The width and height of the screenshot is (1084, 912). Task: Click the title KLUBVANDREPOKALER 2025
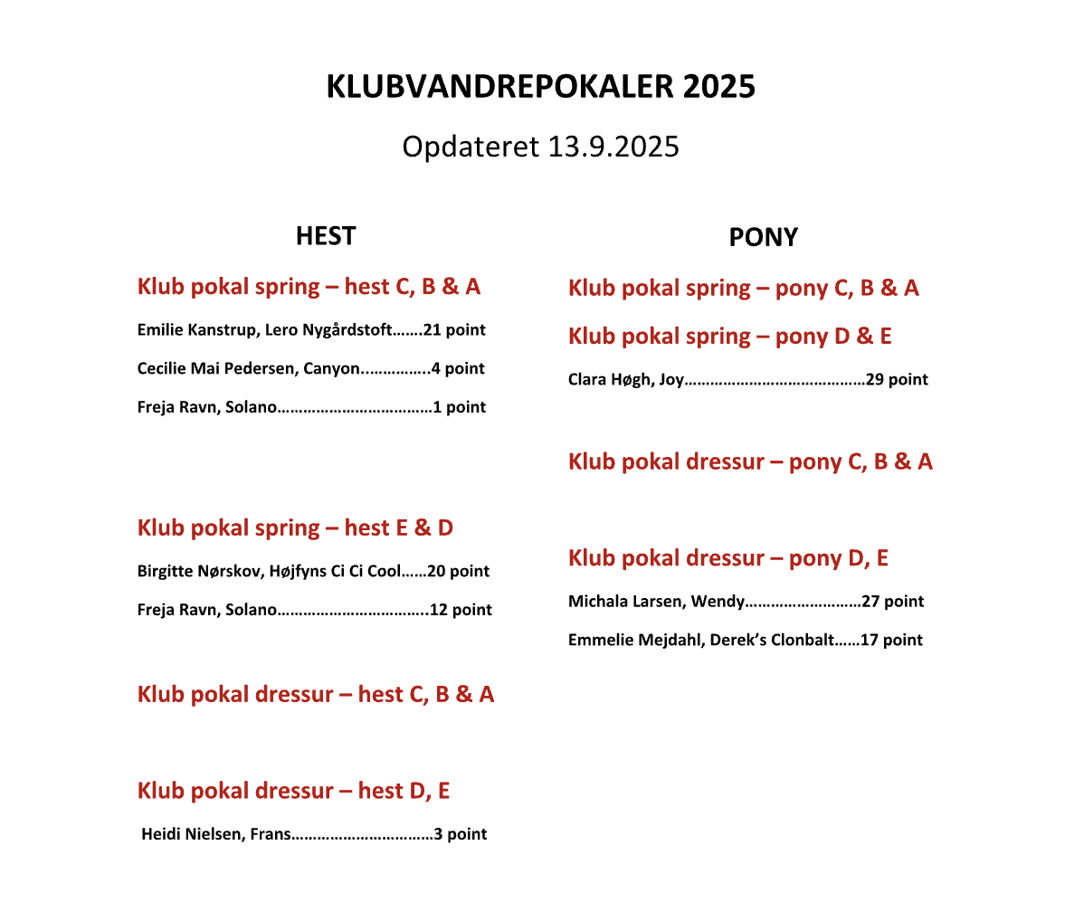(x=540, y=87)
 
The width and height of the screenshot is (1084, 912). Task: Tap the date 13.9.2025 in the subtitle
(x=613, y=147)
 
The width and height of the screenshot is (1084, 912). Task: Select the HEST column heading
(x=325, y=236)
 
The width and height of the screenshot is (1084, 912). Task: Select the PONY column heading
(x=763, y=238)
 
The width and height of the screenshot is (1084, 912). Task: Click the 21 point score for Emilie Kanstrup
(x=454, y=330)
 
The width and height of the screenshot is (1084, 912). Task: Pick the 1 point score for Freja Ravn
(x=460, y=407)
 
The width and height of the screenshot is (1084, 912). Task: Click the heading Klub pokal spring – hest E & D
(x=295, y=527)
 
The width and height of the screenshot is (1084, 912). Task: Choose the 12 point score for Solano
(x=461, y=610)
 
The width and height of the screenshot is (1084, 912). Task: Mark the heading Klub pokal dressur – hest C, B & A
(x=316, y=695)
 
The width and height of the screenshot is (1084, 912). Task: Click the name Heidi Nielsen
(x=191, y=834)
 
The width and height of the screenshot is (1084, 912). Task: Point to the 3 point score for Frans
(x=461, y=834)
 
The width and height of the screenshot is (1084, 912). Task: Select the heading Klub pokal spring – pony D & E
(x=729, y=337)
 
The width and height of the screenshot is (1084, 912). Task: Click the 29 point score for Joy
(x=897, y=380)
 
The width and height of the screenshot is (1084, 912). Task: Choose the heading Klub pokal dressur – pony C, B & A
(x=750, y=461)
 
